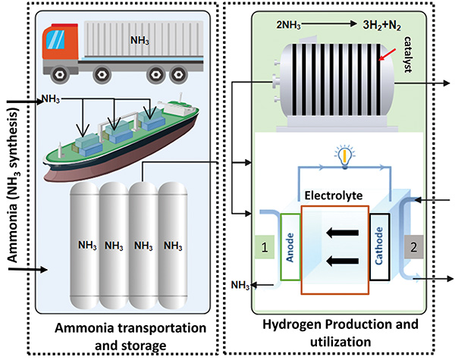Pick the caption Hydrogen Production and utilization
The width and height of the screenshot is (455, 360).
pyautogui.click(x=340, y=333)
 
